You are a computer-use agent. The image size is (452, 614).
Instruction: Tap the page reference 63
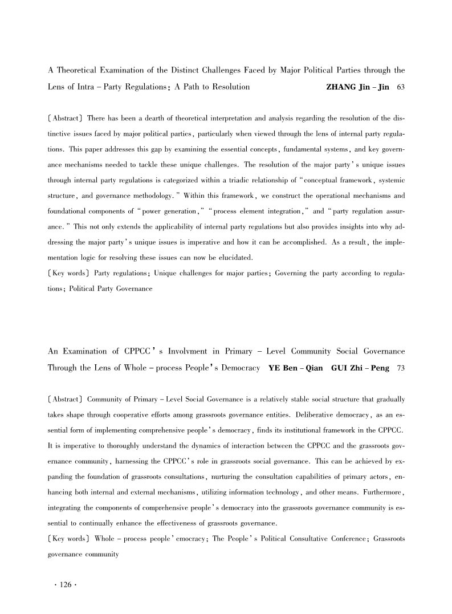point(400,87)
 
